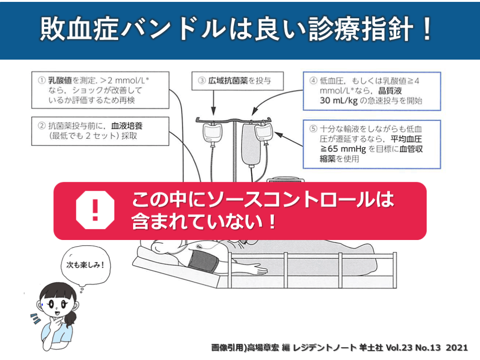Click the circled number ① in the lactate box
(42, 81)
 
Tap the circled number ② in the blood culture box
(42, 126)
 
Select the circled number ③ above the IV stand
(202, 81)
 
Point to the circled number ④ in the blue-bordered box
(313, 81)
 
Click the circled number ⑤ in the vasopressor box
(313, 128)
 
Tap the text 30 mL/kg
(338, 100)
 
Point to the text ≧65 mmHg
(343, 149)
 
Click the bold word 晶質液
(390, 90)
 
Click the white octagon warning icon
(95, 210)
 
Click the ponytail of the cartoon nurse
(71, 318)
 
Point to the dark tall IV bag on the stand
(251, 144)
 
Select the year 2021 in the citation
(457, 348)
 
